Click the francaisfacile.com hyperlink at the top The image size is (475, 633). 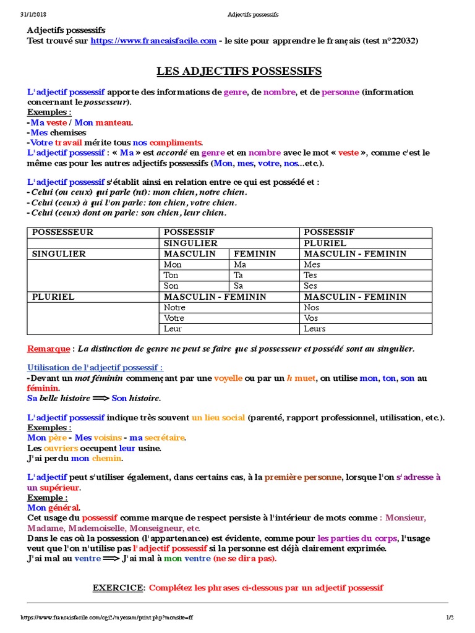153,41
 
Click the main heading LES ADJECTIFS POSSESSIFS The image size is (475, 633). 239,72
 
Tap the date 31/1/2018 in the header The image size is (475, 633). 33,14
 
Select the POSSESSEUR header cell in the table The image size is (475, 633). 62,232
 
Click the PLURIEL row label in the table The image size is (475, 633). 53,297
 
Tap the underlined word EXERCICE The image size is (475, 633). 118,587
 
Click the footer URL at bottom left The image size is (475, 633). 107,618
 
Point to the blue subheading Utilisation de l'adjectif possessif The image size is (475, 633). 95,367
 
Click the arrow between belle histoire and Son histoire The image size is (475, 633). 99,398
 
